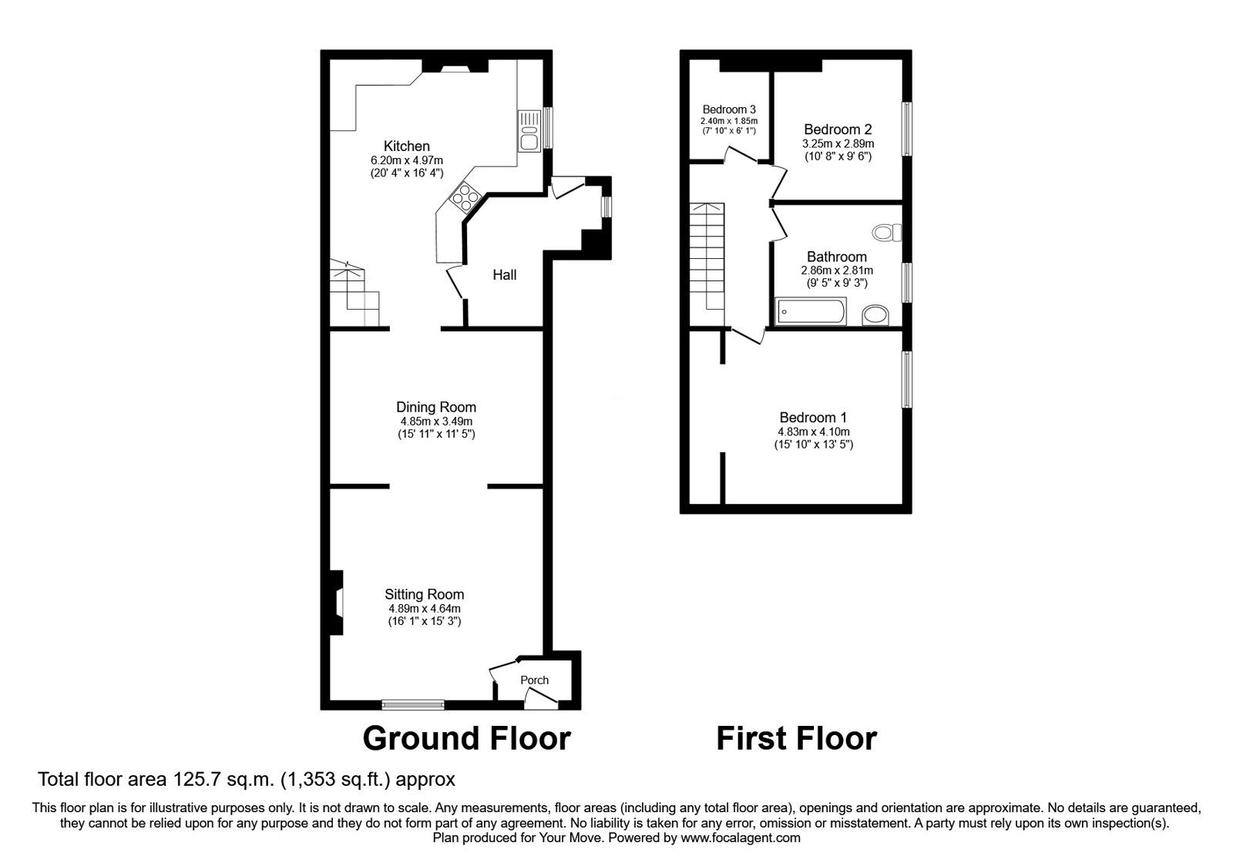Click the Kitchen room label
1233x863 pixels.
406,146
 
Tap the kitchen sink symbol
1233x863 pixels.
529,132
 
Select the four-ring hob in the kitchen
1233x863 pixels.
465,196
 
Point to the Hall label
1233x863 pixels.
504,274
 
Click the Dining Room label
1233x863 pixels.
436,408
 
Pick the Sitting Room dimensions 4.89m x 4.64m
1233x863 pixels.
425,609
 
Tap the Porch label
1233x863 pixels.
535,680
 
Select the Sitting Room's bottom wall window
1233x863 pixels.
413,704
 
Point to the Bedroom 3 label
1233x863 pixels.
729,109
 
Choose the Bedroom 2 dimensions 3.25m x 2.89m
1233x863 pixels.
838,143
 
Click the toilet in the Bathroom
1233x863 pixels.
887,232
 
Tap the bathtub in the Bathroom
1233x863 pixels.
810,311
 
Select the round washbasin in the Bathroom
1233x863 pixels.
875,315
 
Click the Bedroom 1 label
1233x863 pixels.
813,418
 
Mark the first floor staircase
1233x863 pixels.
707,264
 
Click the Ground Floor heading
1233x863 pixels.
466,739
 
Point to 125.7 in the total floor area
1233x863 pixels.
193,779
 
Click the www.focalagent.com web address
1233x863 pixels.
741,838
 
